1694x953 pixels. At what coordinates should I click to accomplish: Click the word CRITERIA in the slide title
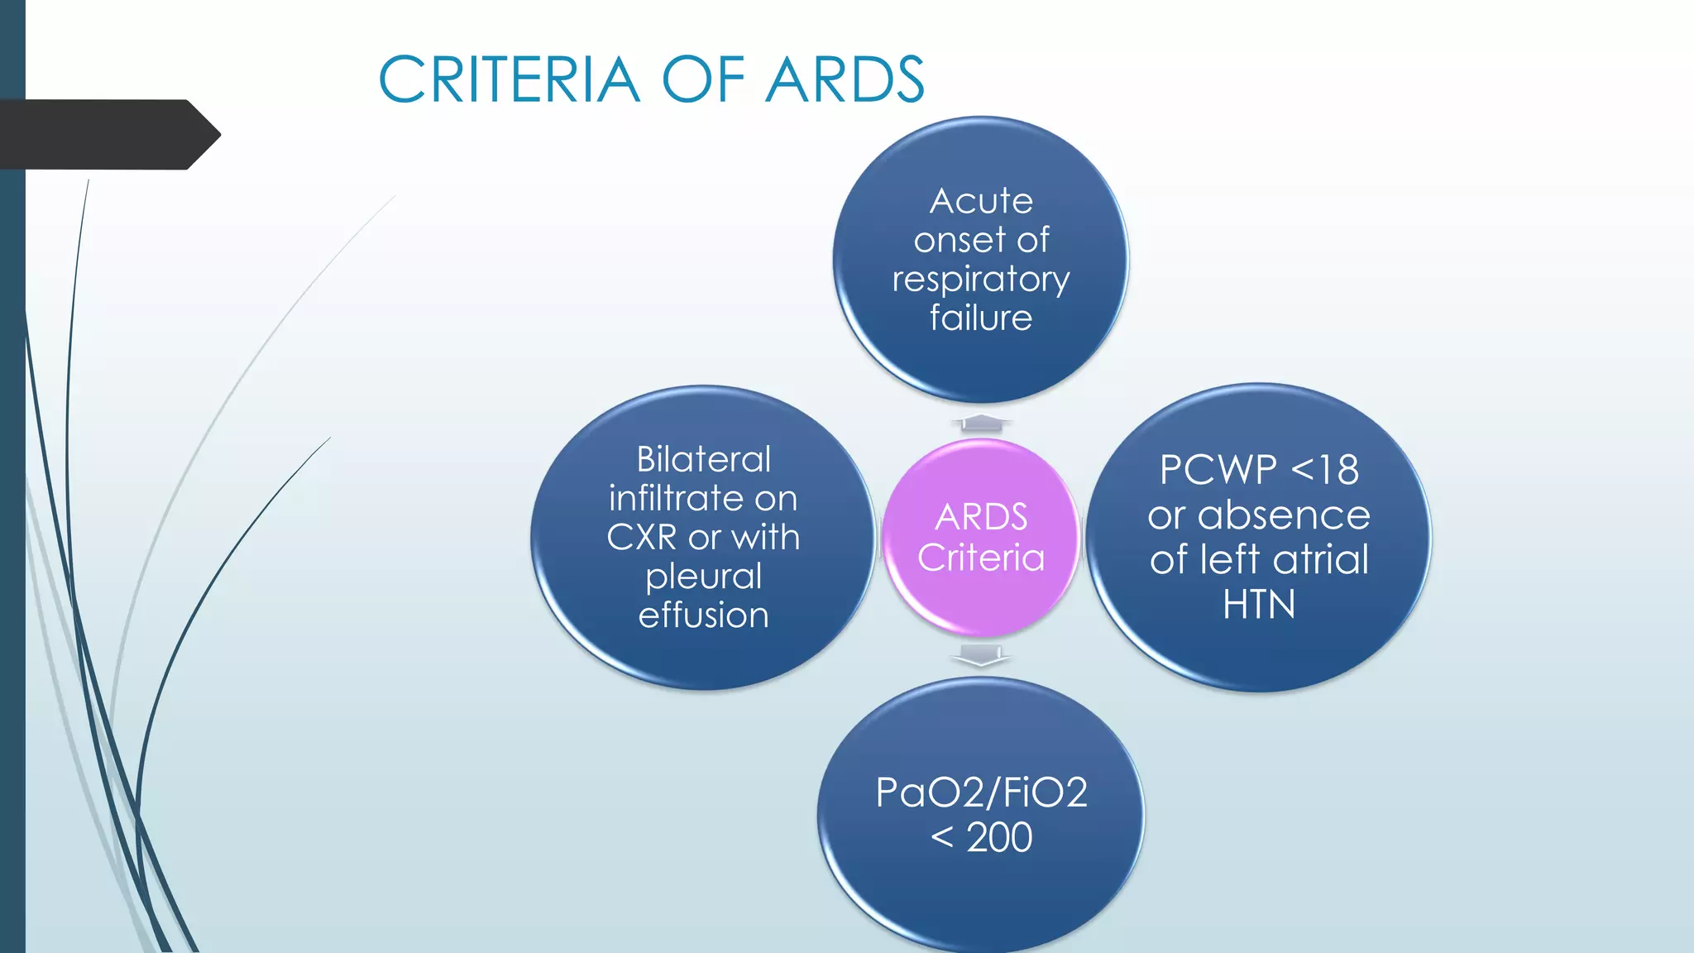click(x=509, y=80)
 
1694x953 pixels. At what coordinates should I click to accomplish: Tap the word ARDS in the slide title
click(x=845, y=80)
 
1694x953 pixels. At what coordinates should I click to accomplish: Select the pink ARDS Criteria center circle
click(x=981, y=538)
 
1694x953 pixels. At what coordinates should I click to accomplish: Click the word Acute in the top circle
click(x=981, y=201)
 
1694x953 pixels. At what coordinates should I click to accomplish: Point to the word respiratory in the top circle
click(x=981, y=280)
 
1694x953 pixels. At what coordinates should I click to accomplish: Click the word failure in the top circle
click(x=981, y=318)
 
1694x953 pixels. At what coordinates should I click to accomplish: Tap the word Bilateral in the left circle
click(x=703, y=459)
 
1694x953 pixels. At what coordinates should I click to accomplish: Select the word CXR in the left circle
click(x=642, y=538)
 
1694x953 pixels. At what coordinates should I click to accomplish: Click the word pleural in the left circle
click(x=703, y=577)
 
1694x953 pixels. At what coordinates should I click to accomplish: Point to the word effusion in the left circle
click(x=703, y=615)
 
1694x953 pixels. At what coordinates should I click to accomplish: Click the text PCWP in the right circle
click(x=1218, y=470)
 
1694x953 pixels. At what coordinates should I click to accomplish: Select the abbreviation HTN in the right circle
click(x=1259, y=605)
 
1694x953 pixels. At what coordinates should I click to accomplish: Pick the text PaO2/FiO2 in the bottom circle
click(x=981, y=793)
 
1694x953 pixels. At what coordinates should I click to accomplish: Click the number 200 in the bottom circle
click(x=999, y=837)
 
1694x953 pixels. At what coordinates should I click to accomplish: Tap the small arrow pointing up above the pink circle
click(x=981, y=423)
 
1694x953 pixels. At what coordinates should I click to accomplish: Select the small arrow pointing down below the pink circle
click(x=981, y=656)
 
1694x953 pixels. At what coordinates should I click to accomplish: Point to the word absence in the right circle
click(x=1284, y=515)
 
